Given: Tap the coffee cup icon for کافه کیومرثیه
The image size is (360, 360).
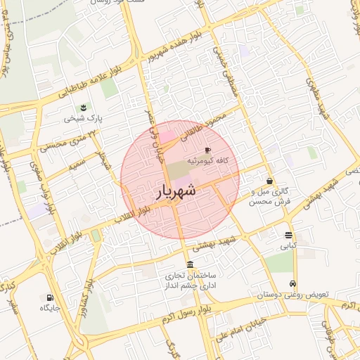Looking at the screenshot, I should coord(207,150).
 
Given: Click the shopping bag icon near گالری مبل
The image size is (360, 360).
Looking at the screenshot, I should coord(269,181).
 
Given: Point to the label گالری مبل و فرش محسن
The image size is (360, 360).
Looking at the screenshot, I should coord(270,196).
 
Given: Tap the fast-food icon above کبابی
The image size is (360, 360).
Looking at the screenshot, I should coord(289,235).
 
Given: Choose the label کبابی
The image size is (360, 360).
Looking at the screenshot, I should coord(289,247).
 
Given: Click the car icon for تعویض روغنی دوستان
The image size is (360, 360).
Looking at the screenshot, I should coord(292,284).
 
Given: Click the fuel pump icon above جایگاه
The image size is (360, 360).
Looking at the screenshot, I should coord(50,297).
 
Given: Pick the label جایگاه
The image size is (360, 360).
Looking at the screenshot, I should coord(50,308).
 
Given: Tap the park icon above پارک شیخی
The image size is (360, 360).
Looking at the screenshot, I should coord(84,107).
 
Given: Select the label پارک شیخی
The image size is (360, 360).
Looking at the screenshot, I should coord(84,119).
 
